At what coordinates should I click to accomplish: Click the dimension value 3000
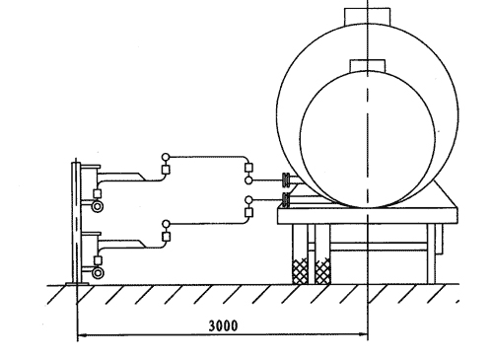click(x=223, y=325)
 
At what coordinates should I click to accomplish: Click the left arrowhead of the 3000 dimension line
click(x=82, y=335)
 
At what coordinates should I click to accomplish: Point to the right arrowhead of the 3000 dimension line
click(x=363, y=334)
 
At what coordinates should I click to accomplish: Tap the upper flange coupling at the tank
click(x=287, y=180)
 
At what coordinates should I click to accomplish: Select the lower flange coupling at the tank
click(x=287, y=199)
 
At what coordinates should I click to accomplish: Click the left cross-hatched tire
click(x=301, y=270)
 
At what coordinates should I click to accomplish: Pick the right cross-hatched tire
click(x=322, y=270)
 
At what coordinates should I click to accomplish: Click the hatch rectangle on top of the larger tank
click(x=367, y=17)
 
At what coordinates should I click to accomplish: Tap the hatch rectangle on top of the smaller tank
click(x=368, y=66)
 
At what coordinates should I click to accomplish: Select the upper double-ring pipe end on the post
click(x=98, y=206)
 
